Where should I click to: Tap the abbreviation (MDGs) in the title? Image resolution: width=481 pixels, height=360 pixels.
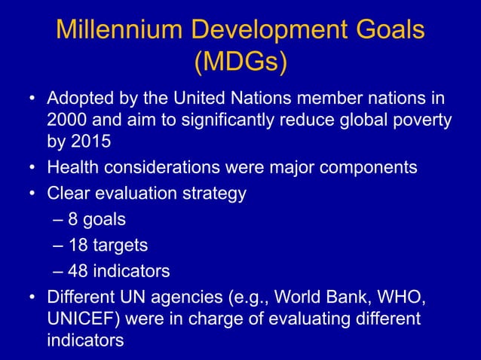point(240,63)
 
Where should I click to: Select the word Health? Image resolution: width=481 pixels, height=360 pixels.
point(74,167)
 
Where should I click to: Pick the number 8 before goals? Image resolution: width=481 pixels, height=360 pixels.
point(72,220)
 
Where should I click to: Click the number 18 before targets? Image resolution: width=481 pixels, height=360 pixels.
point(77,245)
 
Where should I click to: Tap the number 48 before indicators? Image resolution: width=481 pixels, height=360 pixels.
point(77,270)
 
